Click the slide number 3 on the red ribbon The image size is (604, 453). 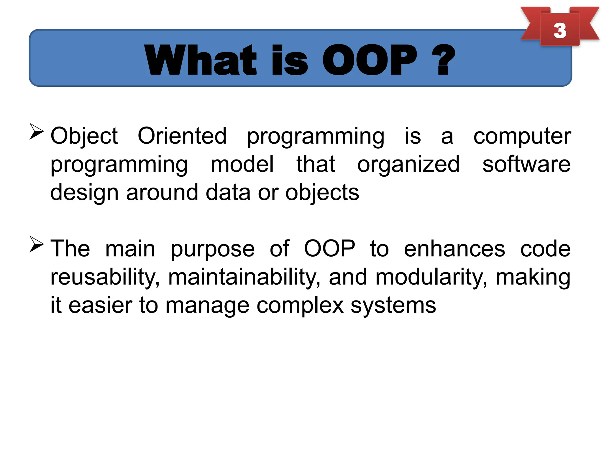click(x=559, y=30)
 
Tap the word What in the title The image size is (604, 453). click(x=201, y=60)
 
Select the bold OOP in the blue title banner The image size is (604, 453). click(x=370, y=60)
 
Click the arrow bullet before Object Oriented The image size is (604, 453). click(x=37, y=132)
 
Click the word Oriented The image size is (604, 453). click(x=182, y=136)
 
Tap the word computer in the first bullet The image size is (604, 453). click(x=522, y=137)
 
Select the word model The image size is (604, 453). click(x=242, y=164)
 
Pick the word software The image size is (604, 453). click(x=526, y=164)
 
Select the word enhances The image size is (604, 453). click(x=454, y=249)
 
